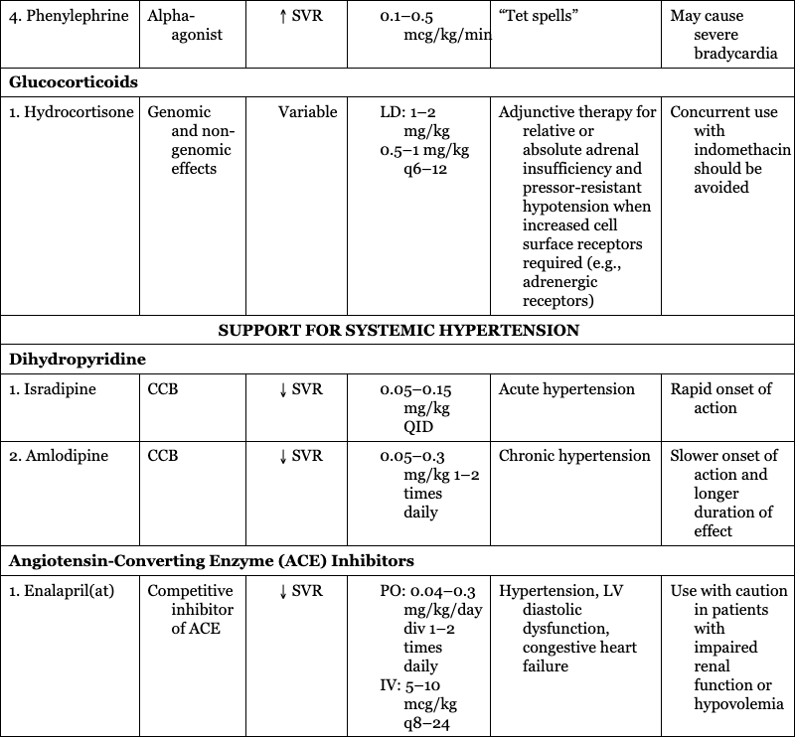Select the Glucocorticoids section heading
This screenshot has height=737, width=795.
click(x=74, y=82)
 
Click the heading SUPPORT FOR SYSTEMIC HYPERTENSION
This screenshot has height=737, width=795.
click(x=398, y=330)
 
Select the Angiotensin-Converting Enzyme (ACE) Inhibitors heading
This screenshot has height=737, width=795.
click(x=212, y=561)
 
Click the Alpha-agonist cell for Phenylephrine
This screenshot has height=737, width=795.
click(x=184, y=25)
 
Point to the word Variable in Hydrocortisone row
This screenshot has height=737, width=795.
click(x=307, y=112)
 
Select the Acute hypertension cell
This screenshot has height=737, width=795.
click(x=566, y=389)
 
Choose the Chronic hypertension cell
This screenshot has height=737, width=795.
click(x=574, y=456)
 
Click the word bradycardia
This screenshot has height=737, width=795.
click(x=735, y=54)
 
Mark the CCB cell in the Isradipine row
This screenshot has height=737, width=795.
click(x=163, y=389)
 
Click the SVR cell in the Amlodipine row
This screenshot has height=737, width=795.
click(x=301, y=456)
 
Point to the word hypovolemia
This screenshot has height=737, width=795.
click(x=739, y=704)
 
